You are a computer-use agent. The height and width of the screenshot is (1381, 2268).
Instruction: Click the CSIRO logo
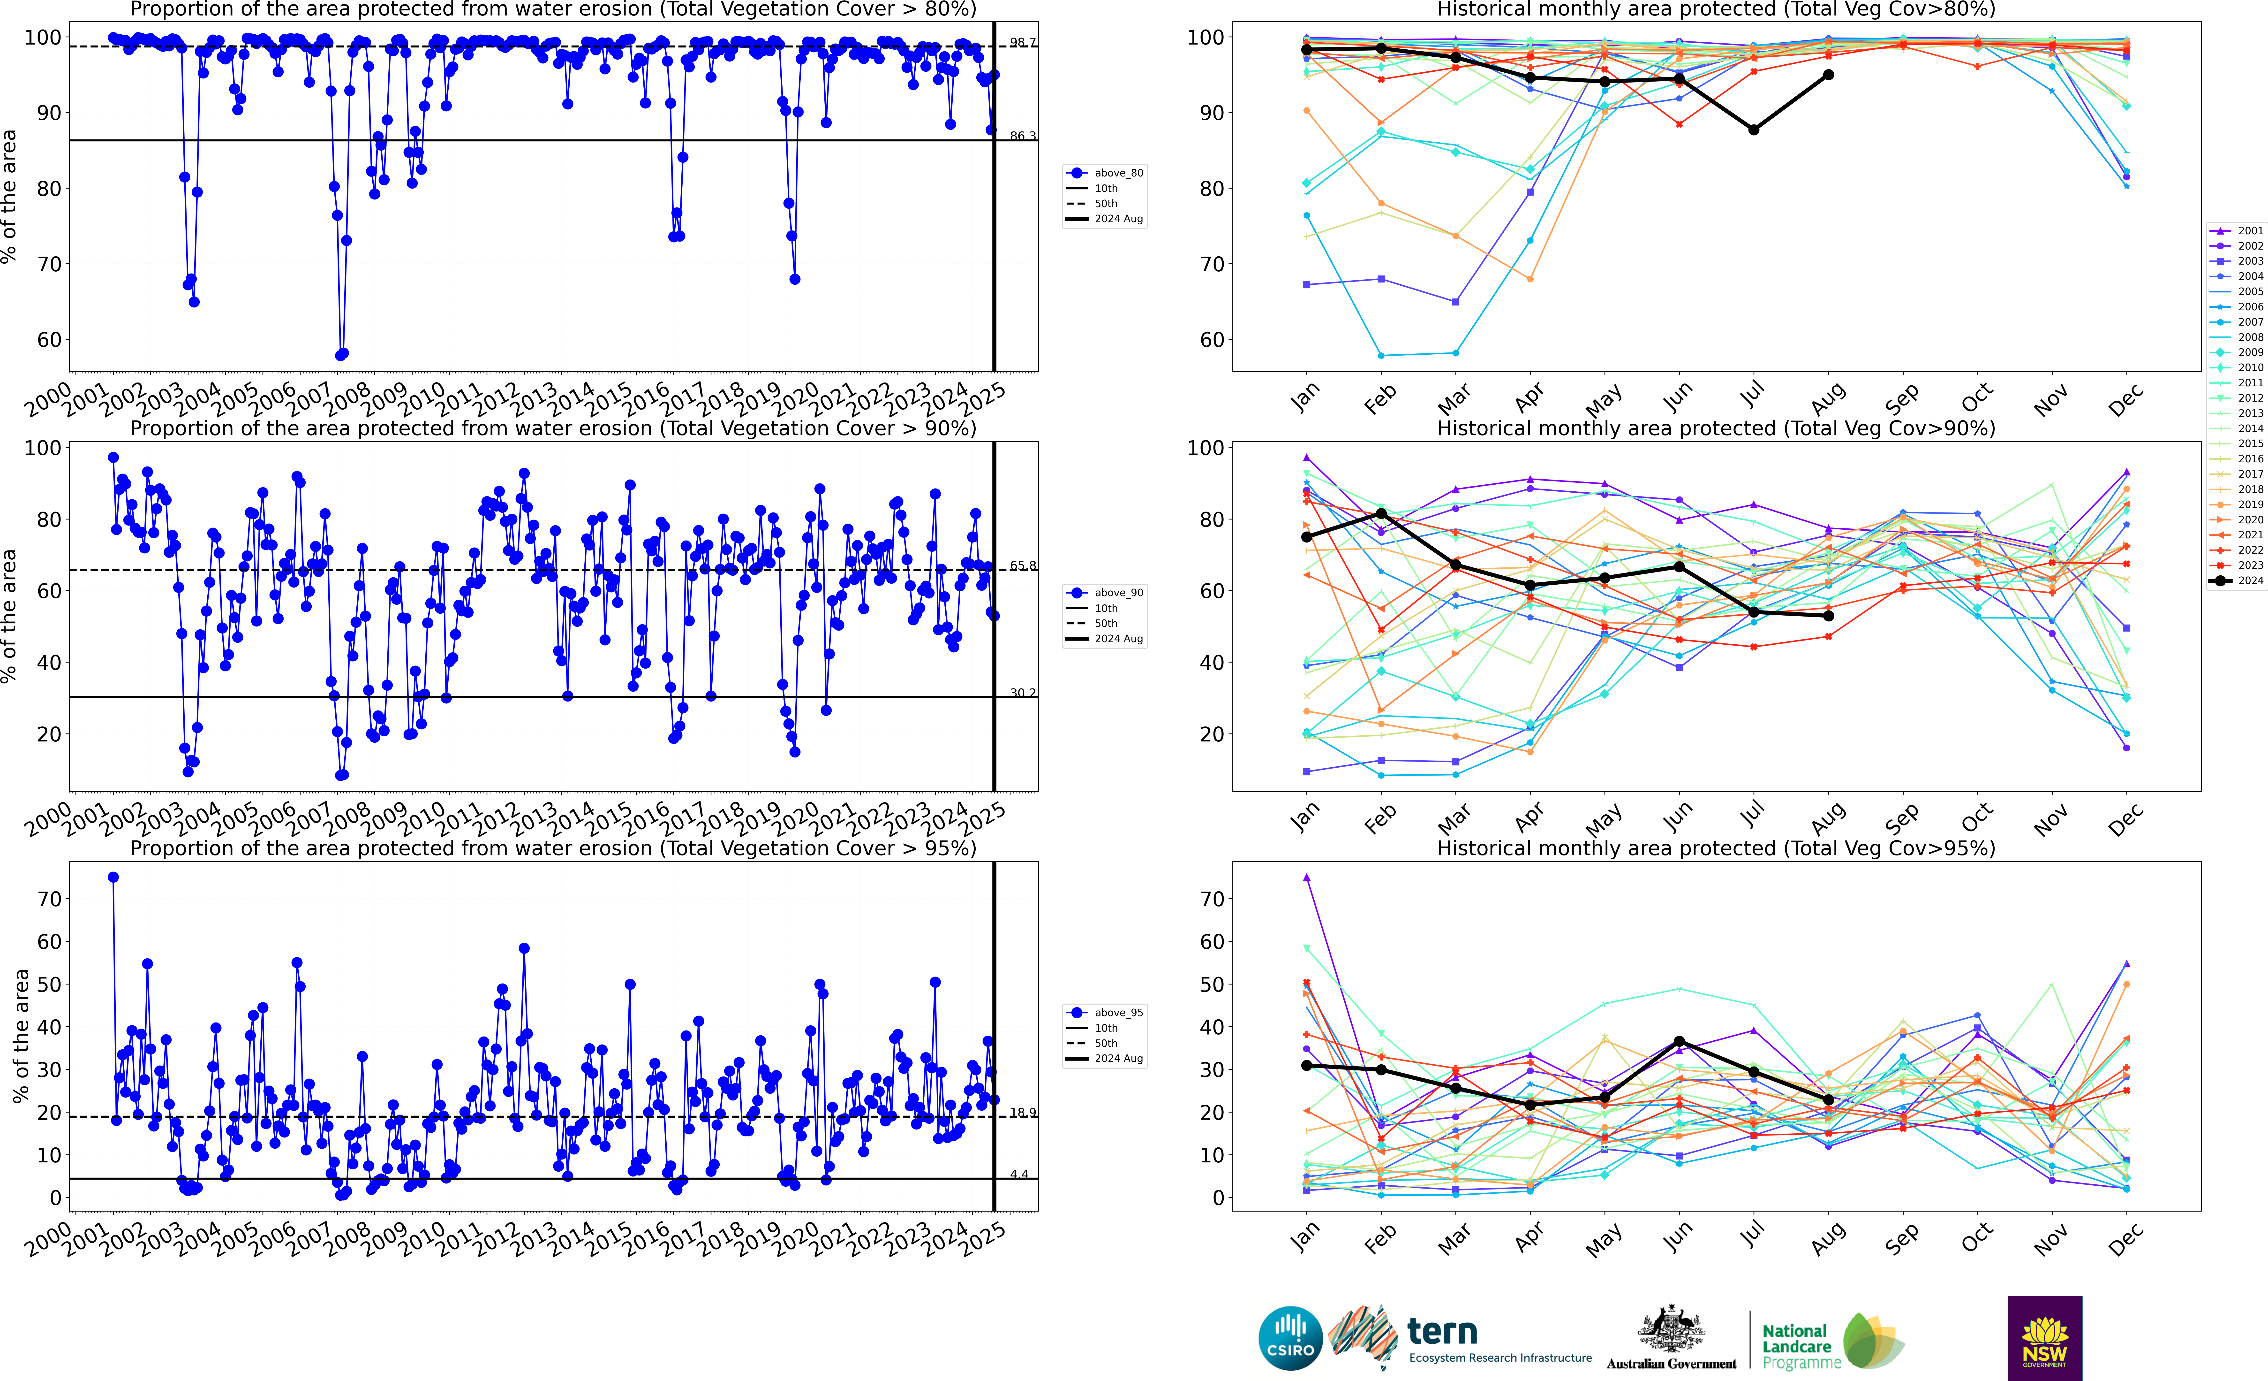[x=1290, y=1338]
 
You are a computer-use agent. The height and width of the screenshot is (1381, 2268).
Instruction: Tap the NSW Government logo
[x=2044, y=1338]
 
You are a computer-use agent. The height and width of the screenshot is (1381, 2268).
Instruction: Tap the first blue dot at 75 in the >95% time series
[x=113, y=877]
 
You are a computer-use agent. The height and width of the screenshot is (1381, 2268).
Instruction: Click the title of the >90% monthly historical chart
[x=1716, y=428]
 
